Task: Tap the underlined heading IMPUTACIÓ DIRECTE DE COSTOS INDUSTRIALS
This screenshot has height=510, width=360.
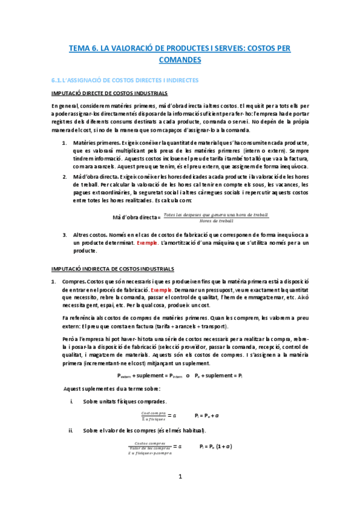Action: click(x=109, y=93)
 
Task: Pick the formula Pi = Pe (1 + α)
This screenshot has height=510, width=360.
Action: click(x=216, y=446)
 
